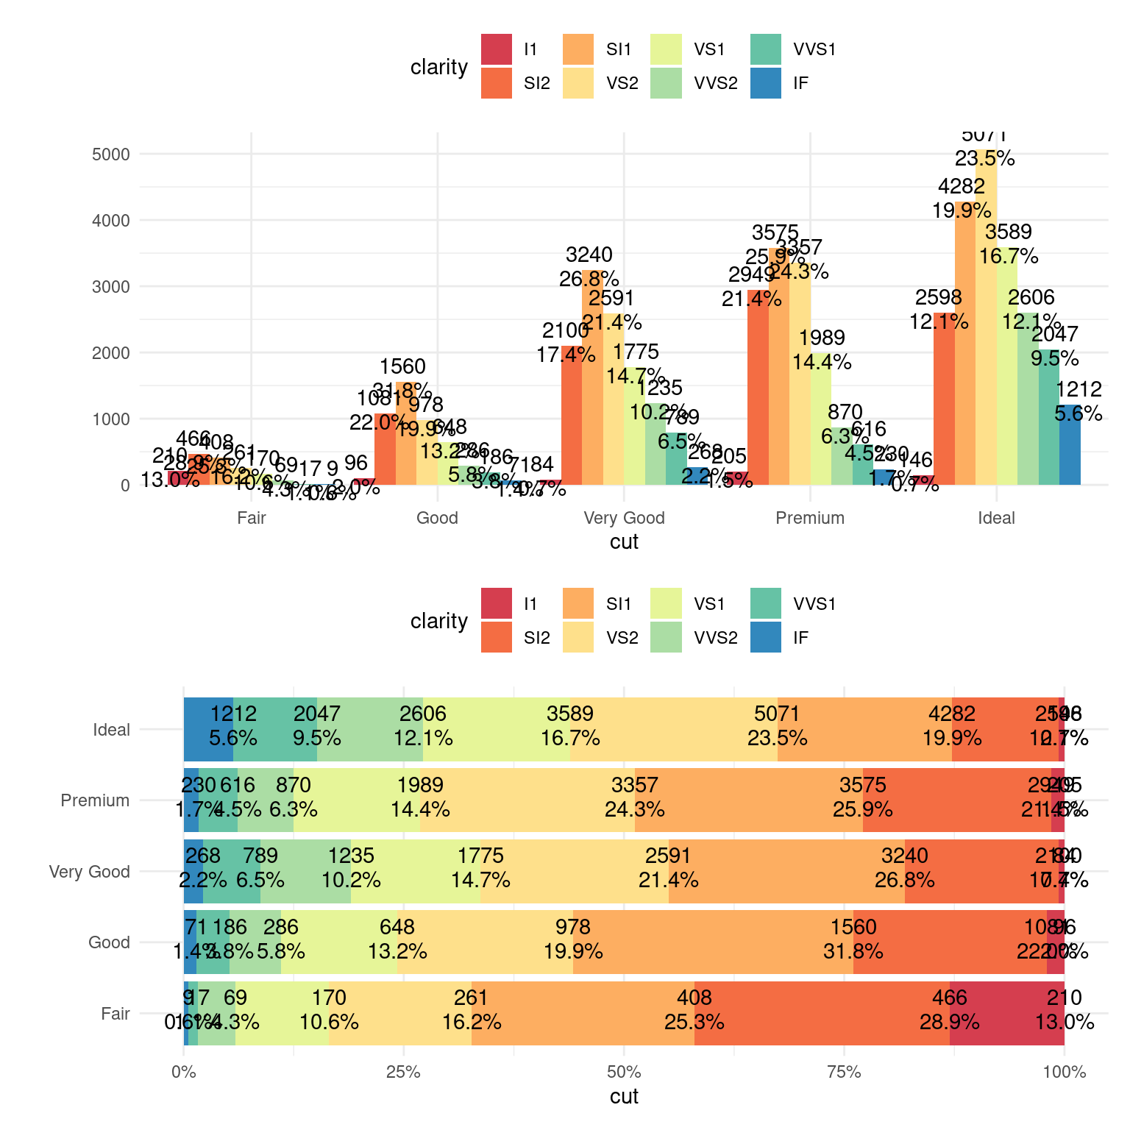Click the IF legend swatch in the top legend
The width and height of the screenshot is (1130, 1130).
tap(765, 83)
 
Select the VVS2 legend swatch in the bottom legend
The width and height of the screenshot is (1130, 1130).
tap(666, 637)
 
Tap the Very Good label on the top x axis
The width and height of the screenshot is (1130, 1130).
tap(624, 518)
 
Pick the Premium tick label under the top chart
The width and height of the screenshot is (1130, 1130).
tap(810, 518)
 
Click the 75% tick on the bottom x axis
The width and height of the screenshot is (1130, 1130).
tap(844, 1072)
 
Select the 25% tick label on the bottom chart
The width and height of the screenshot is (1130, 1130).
tap(403, 1072)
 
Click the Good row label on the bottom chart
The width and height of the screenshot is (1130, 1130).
tap(109, 942)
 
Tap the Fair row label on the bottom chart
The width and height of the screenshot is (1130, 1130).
tap(116, 1014)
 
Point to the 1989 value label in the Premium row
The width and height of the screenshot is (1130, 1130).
tap(420, 785)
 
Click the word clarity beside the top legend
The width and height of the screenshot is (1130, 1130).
tap(439, 68)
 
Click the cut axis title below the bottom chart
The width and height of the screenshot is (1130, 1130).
tap(624, 1096)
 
